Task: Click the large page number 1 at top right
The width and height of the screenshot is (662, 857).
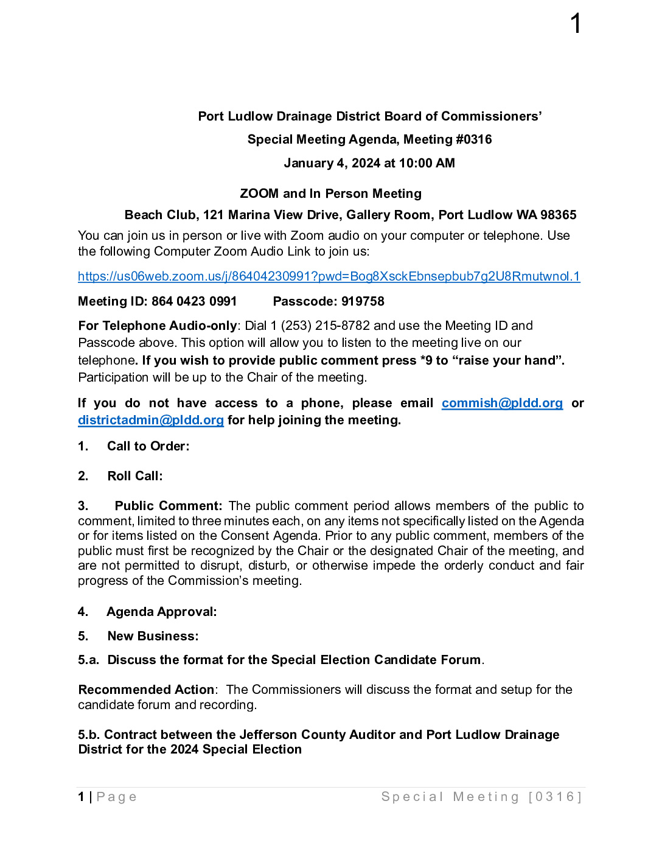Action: point(576,24)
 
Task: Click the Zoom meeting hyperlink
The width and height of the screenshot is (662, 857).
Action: point(329,276)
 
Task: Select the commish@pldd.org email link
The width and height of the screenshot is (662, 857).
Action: point(502,403)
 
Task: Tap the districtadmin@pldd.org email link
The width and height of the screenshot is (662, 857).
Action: point(151,420)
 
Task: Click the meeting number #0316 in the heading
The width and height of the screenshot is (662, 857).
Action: point(473,139)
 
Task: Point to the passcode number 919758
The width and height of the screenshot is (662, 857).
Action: point(363,301)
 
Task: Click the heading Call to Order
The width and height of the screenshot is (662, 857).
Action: point(148,446)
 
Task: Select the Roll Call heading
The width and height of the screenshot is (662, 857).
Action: point(135,476)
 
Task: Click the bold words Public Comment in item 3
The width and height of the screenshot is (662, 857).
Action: point(168,506)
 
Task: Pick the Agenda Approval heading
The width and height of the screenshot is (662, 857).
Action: point(161,612)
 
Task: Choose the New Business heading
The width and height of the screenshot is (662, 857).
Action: point(153,636)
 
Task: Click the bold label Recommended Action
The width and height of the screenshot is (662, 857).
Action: point(147,690)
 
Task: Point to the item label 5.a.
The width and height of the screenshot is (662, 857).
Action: point(88,660)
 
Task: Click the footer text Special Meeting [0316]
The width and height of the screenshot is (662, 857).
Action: point(481,797)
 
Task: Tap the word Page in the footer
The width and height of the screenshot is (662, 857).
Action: point(117,797)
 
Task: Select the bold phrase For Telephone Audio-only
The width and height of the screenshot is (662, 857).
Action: point(158,326)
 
